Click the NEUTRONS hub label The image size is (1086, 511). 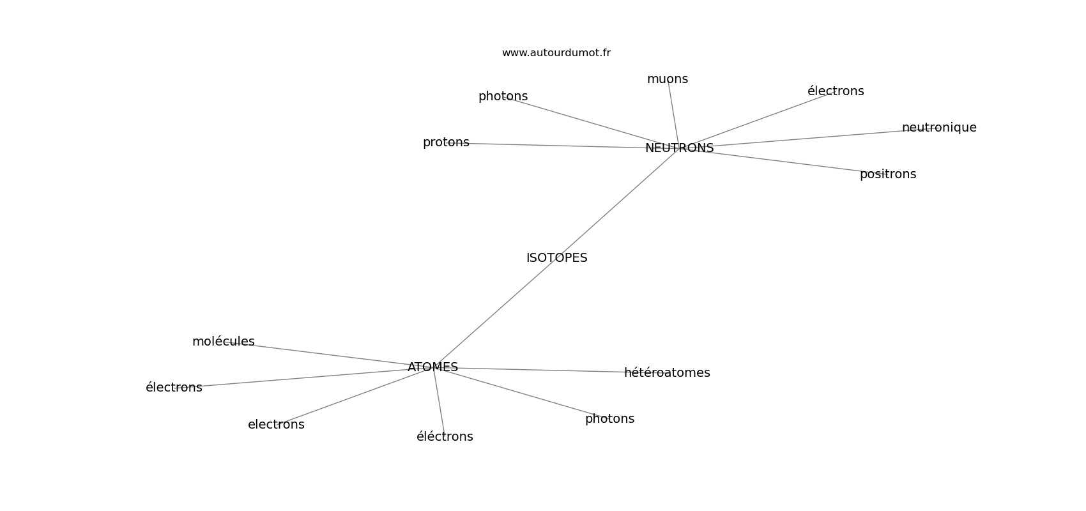tap(679, 148)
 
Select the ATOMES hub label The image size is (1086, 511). tap(432, 367)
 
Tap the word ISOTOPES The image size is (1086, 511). tap(556, 258)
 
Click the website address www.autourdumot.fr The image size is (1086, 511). tap(556, 53)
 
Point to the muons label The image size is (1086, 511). tap(667, 79)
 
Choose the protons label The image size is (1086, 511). tap(446, 142)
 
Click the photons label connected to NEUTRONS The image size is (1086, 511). tap(503, 96)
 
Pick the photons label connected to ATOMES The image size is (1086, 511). tap(609, 419)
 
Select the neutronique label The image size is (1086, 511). tap(938, 128)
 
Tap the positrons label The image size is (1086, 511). tap(887, 174)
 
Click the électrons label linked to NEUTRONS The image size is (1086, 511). tap(835, 91)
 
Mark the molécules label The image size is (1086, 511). tap(223, 342)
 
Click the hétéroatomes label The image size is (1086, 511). tap(666, 373)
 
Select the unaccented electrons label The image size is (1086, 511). tap(276, 425)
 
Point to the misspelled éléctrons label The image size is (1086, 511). tap(445, 437)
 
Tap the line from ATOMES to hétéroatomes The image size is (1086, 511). tap(543, 370)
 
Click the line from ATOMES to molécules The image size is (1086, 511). tap(326, 355)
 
